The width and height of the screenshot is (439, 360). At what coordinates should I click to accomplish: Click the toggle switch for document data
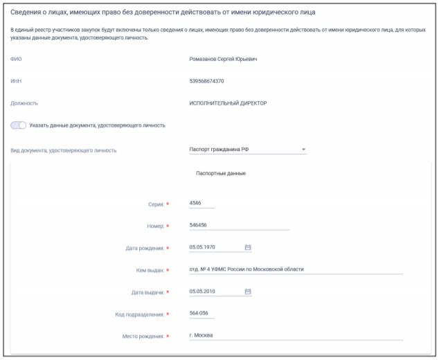click(x=19, y=125)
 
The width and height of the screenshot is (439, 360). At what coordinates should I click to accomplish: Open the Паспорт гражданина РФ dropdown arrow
click(x=303, y=149)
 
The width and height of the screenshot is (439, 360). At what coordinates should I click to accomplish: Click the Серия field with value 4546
click(x=201, y=203)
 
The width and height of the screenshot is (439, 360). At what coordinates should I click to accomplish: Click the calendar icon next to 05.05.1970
click(x=248, y=247)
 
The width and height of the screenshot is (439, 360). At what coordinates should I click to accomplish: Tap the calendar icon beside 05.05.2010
click(x=248, y=291)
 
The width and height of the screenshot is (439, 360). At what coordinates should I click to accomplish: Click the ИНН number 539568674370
click(x=206, y=81)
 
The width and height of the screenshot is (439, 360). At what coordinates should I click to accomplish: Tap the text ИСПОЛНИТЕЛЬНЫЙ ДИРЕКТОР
click(x=227, y=103)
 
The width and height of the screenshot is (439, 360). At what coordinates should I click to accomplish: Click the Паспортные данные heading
click(x=222, y=173)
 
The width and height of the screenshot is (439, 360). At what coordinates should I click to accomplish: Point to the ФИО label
click(x=16, y=59)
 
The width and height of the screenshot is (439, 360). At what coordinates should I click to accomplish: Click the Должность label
click(x=24, y=103)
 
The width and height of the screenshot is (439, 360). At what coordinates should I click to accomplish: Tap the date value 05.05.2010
click(x=202, y=291)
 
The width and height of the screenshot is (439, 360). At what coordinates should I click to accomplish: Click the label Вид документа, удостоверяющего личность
click(x=63, y=150)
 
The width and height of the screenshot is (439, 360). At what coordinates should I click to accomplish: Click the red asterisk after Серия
click(x=168, y=204)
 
